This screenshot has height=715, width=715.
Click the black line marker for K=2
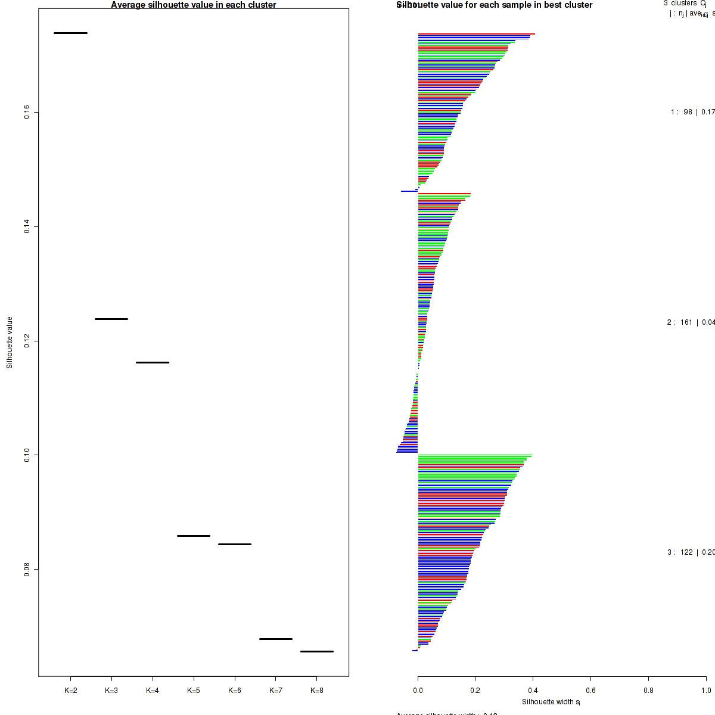point(70,33)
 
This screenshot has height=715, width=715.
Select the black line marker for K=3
point(111,319)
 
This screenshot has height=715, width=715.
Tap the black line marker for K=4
point(153,362)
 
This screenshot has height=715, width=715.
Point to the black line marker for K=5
point(194,536)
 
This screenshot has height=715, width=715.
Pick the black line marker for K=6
point(235,544)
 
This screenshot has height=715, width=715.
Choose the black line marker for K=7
point(276,639)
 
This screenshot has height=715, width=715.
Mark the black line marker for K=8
point(317,651)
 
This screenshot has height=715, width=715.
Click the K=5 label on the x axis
point(194,691)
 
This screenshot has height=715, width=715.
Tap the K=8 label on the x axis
point(317,691)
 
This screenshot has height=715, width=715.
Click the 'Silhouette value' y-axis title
point(10,342)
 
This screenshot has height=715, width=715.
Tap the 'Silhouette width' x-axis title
point(551,702)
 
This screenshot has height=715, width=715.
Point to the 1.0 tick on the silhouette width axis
point(706,677)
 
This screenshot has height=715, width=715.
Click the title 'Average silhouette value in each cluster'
point(194,5)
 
